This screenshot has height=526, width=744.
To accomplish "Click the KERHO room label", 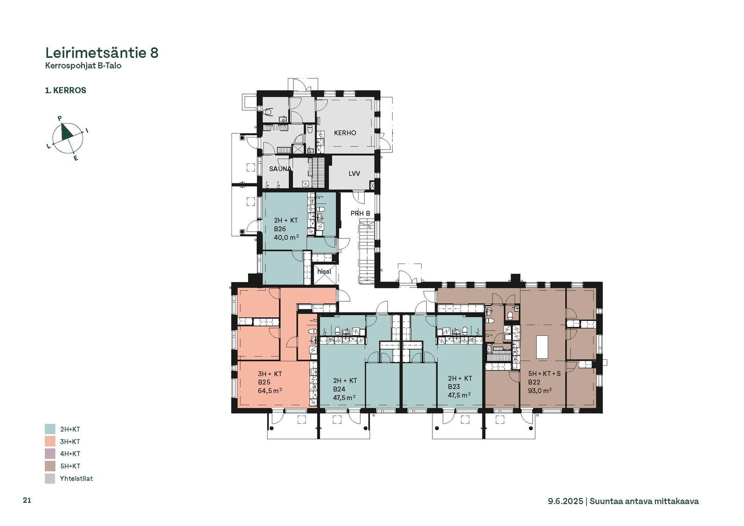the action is (x=345, y=133).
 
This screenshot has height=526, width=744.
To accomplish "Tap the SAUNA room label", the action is (x=281, y=168).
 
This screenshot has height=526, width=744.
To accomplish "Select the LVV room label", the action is (x=354, y=173).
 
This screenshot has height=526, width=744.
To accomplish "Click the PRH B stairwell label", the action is (x=361, y=213).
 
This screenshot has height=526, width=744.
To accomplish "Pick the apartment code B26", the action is (x=280, y=229).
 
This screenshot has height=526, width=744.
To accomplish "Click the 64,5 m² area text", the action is (x=270, y=391).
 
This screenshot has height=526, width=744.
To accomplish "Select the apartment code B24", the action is (x=339, y=389).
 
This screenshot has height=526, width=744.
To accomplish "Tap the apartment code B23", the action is (x=454, y=386).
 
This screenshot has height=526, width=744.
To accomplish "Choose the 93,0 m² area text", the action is (x=540, y=391).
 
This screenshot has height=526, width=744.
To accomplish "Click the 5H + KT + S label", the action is (x=545, y=374).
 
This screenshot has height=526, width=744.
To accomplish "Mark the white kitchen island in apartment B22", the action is (x=542, y=347).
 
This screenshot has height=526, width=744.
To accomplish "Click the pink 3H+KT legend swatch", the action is (x=50, y=441).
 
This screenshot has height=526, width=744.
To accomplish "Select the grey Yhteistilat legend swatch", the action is (x=50, y=478).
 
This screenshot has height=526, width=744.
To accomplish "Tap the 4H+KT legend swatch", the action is (x=50, y=454).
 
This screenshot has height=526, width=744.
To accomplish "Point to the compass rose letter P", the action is (x=60, y=118).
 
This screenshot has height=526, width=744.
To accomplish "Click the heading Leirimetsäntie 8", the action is (x=102, y=53).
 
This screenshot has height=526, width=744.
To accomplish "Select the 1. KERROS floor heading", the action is (x=66, y=90).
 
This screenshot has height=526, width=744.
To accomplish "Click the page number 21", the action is (x=27, y=500).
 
